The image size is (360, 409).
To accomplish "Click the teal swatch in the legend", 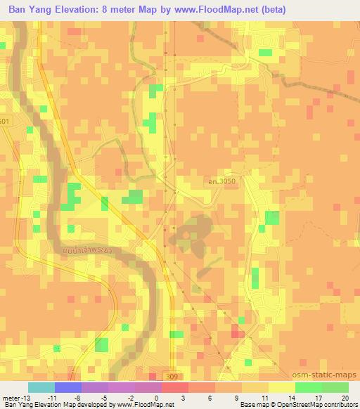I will (41, 387).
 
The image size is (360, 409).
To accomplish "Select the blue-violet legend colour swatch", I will (68, 387).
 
